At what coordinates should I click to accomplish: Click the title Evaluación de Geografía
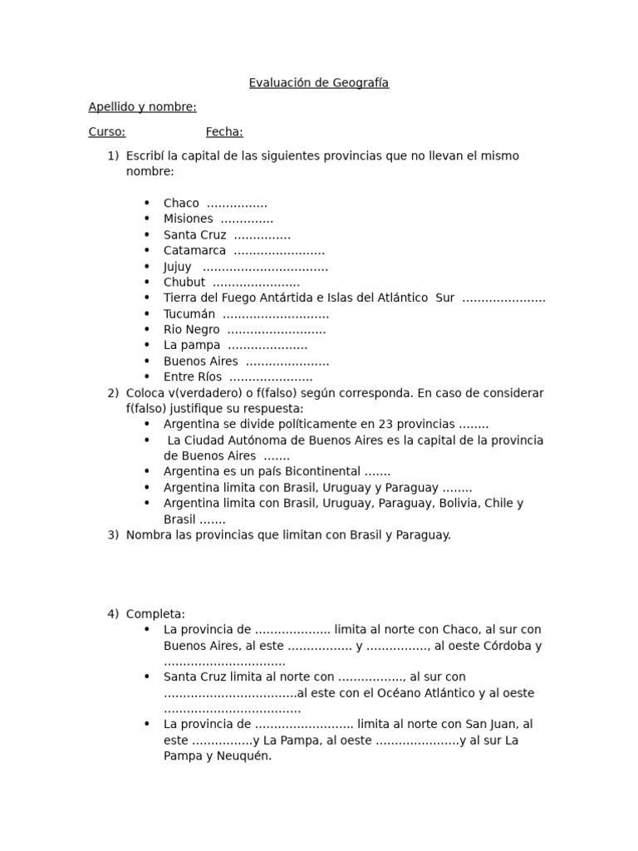[x=319, y=83]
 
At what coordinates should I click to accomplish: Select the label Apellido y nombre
[x=142, y=107]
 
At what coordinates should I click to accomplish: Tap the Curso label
[x=106, y=131]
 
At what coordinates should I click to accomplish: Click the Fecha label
[x=224, y=131]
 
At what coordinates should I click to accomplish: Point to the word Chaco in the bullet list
[x=181, y=204]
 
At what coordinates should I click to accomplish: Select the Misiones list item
[x=188, y=219]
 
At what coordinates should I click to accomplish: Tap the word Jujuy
[x=177, y=267]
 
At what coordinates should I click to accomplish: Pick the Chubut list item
[x=184, y=283]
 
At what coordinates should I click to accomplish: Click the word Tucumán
[x=189, y=314]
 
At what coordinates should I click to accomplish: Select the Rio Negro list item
[x=191, y=330]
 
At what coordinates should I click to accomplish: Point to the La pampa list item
[x=192, y=346]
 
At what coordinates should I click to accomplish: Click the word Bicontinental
[x=319, y=472]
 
